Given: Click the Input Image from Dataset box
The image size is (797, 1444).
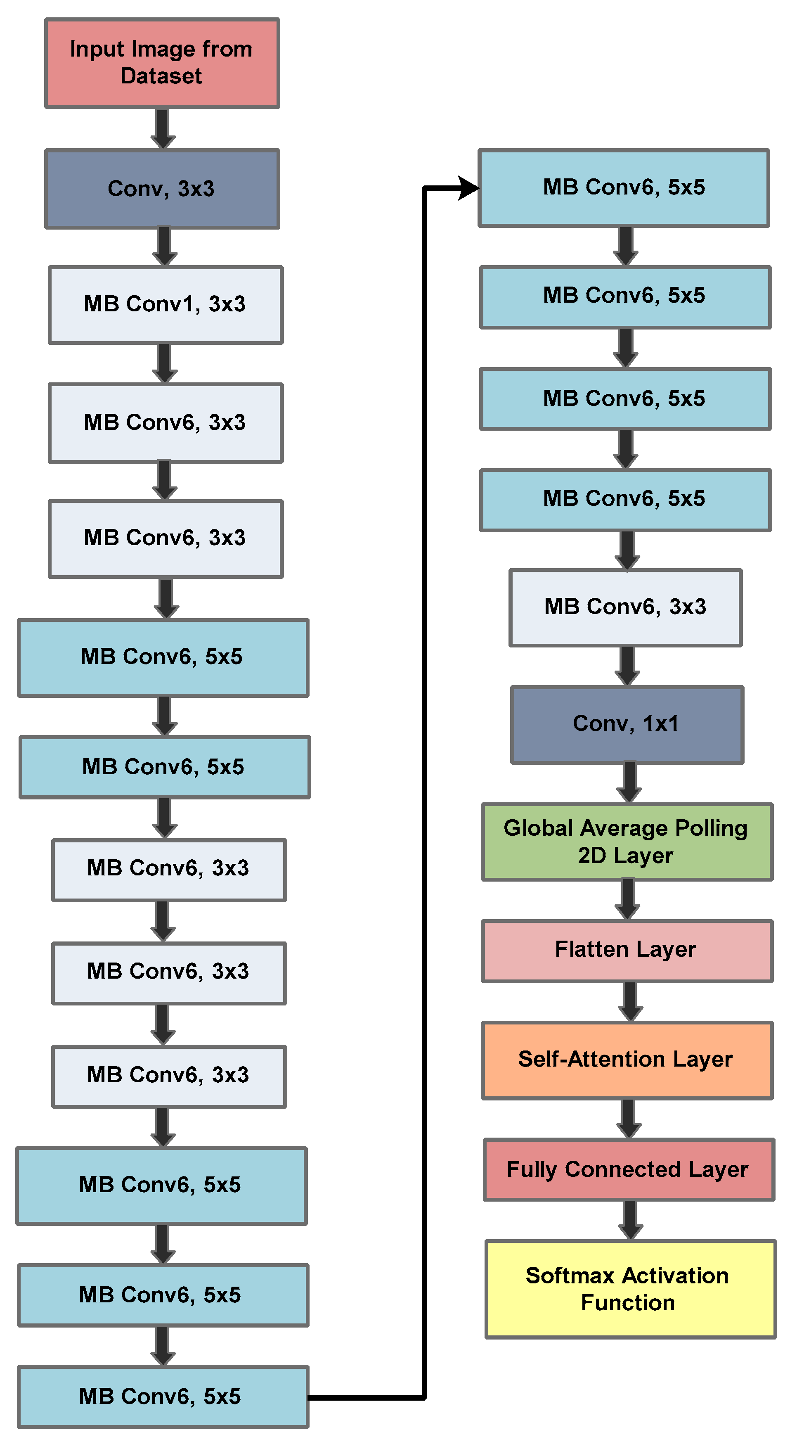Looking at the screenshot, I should [162, 63].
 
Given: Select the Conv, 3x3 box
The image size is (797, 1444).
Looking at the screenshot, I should [162, 189].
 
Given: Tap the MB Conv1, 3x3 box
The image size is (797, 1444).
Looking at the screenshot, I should [166, 304].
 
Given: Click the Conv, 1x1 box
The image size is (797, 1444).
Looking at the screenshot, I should [627, 724].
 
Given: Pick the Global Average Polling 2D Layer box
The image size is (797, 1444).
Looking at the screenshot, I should [627, 842].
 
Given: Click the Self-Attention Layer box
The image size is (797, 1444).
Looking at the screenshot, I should [627, 1060].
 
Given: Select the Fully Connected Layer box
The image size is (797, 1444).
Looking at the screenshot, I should [628, 1169].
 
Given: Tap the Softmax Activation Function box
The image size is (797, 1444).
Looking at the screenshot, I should [630, 1289].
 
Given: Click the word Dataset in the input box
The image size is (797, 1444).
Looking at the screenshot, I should [161, 76].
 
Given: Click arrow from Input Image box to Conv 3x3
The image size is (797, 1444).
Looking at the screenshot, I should [163, 128].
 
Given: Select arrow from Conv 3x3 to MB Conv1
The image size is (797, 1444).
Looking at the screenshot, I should [164, 247].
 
